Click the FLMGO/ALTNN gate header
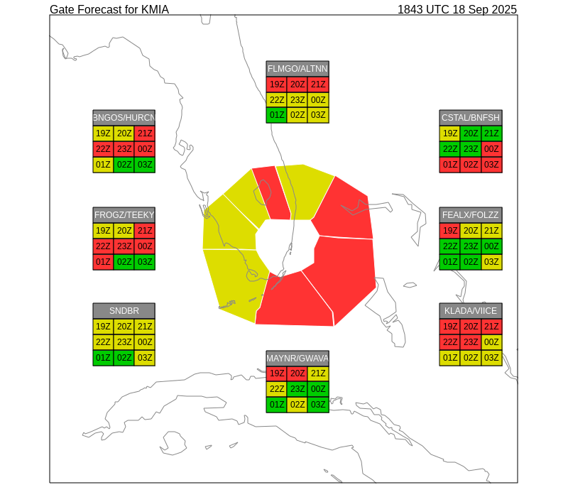(297, 69)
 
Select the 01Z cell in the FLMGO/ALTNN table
(277, 115)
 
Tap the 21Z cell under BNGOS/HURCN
(145, 133)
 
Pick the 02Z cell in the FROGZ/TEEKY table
(124, 262)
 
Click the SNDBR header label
(124, 311)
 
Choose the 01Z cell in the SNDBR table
(103, 358)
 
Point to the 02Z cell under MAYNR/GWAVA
(297, 405)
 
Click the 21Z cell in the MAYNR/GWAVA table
(318, 373)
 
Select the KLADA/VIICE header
(471, 311)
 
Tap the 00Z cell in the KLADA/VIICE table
(491, 342)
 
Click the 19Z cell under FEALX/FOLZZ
(450, 231)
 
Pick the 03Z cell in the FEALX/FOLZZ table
(491, 262)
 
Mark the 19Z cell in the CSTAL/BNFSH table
(450, 133)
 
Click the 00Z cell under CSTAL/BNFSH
(491, 149)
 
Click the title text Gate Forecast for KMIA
(109, 9)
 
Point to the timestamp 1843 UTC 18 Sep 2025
(457, 9)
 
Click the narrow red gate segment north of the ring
(273, 193)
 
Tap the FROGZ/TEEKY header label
(124, 215)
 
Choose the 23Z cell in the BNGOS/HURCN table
(124, 149)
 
